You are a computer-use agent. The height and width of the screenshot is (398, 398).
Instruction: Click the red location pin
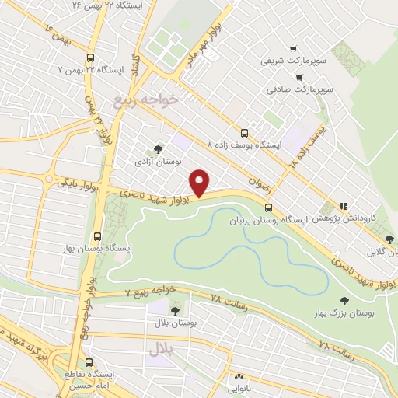[x=201, y=182]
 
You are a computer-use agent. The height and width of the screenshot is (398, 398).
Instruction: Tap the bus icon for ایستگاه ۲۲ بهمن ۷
[x=91, y=58]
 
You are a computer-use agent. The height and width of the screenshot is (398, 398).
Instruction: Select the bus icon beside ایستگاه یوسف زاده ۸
[x=245, y=133]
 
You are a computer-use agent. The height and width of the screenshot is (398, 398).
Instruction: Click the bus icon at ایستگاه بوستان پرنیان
[x=268, y=208]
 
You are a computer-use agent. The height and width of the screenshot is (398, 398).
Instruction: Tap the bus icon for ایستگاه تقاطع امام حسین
[x=89, y=362]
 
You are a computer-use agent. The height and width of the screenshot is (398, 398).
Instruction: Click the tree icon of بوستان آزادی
[x=159, y=148]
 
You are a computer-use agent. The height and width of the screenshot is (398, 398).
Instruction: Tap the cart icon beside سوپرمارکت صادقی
[x=300, y=77]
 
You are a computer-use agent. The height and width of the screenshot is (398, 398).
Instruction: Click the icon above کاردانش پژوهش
[x=343, y=206]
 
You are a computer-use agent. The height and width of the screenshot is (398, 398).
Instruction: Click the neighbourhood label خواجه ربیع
[x=145, y=99]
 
